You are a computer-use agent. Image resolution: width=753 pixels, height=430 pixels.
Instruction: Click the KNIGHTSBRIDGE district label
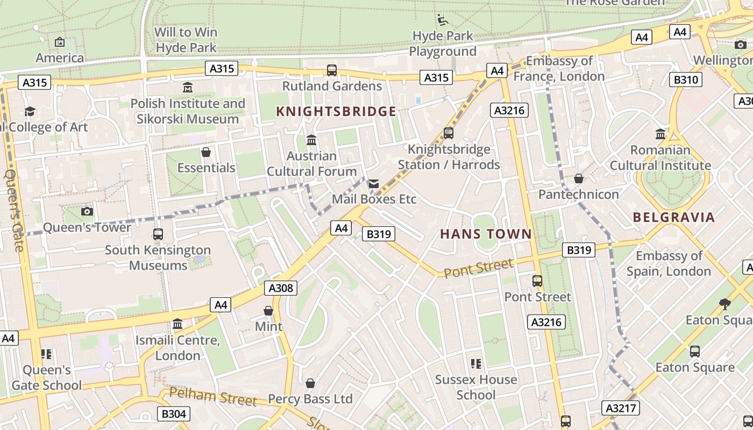tap(336, 111)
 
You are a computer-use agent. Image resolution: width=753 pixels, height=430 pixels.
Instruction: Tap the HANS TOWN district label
tap(486, 234)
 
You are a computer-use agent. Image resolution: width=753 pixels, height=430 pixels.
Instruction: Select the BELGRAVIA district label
tap(674, 217)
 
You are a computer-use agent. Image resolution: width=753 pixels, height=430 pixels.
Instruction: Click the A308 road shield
tap(281, 288)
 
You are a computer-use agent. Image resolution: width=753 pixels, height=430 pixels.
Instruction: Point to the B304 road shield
tap(174, 413)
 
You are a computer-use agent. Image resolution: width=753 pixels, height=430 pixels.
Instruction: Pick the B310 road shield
tap(686, 80)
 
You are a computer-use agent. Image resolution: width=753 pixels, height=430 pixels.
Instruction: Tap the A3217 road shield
tap(621, 408)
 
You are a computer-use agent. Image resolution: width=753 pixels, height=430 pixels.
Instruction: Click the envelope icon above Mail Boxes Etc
tap(374, 184)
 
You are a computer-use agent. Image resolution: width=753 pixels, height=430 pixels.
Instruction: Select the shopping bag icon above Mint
tap(268, 311)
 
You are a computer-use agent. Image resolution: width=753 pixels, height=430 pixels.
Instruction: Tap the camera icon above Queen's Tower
tap(87, 211)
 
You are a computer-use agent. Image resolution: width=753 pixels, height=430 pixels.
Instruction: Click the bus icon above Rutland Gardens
tap(332, 70)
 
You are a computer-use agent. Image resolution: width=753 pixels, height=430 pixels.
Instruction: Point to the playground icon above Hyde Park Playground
tap(442, 20)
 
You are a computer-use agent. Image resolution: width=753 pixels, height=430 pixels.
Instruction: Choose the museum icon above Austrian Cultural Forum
tap(311, 140)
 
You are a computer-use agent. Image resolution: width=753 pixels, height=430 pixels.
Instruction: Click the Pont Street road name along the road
tap(478, 268)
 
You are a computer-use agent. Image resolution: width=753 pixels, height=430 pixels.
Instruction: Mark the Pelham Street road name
tap(213, 397)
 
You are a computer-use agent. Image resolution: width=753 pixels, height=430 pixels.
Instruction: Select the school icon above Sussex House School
tap(475, 364)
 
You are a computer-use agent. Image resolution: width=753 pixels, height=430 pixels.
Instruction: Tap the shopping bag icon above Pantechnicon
tap(579, 178)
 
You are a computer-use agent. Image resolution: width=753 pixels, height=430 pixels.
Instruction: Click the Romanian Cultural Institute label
tap(660, 157)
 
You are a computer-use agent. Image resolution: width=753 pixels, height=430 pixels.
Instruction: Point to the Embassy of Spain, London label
tap(669, 263)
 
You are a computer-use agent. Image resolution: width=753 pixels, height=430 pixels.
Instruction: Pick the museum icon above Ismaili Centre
tap(177, 324)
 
